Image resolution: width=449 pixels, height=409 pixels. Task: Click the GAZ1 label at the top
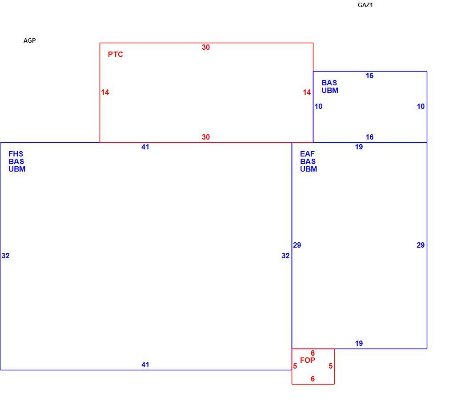tap(365, 5)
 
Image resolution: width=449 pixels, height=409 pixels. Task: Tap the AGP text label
tap(29, 40)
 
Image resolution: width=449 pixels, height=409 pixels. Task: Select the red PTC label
tap(116, 54)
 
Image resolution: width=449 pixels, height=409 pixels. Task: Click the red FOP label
tap(308, 360)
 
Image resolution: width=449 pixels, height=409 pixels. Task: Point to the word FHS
tap(16, 154)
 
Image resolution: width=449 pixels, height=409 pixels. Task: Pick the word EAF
tap(307, 154)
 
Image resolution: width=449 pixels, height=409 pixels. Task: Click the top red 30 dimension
tap(205, 47)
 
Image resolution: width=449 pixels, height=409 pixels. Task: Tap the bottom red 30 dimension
tap(205, 137)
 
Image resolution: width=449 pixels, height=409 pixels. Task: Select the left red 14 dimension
tap(105, 92)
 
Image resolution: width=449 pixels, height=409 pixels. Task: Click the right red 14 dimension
tap(307, 92)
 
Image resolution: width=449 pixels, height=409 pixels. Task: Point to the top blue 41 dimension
tap(145, 147)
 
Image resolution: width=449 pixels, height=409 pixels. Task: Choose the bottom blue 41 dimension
tap(145, 365)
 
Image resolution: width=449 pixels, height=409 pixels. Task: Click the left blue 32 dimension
tap(5, 256)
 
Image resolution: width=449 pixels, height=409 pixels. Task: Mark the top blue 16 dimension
tap(369, 76)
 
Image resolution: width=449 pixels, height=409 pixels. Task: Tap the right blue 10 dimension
tap(421, 107)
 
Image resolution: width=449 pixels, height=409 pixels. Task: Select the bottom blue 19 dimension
tap(359, 343)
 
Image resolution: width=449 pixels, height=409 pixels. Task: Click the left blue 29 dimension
tap(297, 245)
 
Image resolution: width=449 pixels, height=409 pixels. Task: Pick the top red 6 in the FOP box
tap(313, 353)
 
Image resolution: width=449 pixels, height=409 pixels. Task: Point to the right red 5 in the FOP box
tap(330, 366)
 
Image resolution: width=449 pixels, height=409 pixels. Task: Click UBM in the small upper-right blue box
tap(330, 91)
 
